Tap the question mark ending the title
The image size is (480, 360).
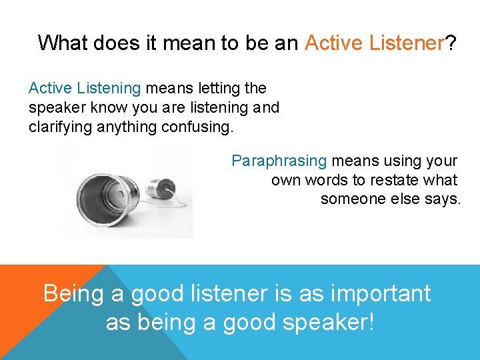451,43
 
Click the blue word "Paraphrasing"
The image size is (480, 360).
279,161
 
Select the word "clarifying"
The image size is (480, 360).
59,127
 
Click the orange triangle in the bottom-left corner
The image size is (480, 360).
33,293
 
